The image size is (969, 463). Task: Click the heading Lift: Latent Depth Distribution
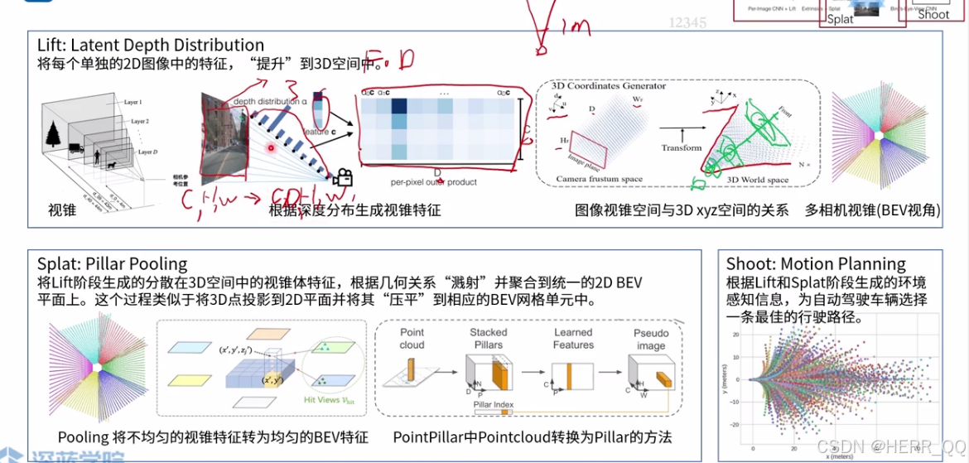(x=151, y=45)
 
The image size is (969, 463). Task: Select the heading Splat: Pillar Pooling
(x=113, y=263)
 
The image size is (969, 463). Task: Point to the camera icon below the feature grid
(x=342, y=177)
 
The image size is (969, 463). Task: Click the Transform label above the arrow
(x=682, y=147)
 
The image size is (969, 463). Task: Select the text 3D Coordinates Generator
(x=597, y=85)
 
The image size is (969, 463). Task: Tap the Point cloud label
(x=412, y=339)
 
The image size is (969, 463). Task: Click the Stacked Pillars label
(x=488, y=339)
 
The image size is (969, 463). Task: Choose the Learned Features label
(x=573, y=339)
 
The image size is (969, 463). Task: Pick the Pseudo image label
(x=651, y=339)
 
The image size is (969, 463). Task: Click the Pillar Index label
(x=494, y=405)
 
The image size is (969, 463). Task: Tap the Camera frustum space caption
(x=599, y=179)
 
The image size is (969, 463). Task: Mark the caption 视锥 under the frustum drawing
(x=62, y=210)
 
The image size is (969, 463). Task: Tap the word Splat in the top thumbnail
(x=840, y=18)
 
